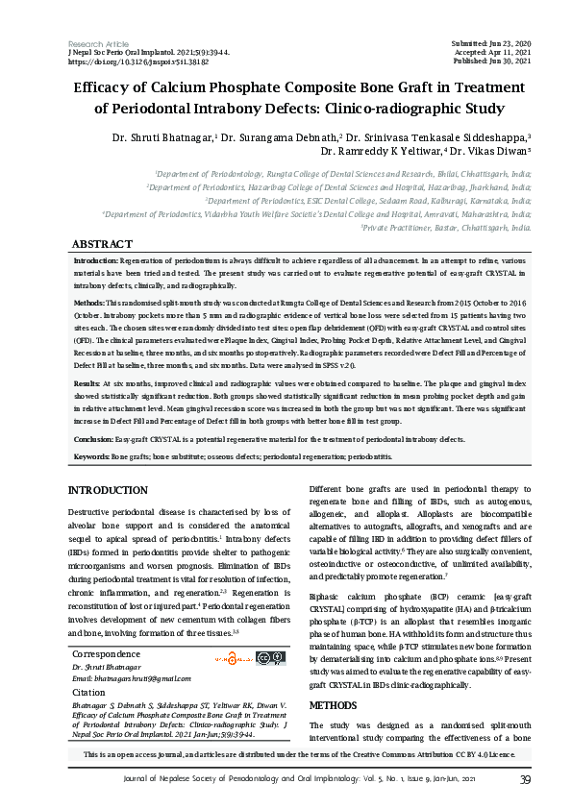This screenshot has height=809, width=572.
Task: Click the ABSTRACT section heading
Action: pos(102,245)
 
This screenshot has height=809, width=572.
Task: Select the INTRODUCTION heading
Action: pos(109,491)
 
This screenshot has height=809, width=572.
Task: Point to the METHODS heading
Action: pos(335,705)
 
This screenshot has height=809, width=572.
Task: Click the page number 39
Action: pos(525,779)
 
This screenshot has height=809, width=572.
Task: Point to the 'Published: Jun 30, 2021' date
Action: pos(490,61)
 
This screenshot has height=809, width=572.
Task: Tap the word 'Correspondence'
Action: pos(106,654)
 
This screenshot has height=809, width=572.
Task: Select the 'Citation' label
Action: pos(88,692)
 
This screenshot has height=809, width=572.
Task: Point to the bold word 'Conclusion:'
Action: pos(95,439)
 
